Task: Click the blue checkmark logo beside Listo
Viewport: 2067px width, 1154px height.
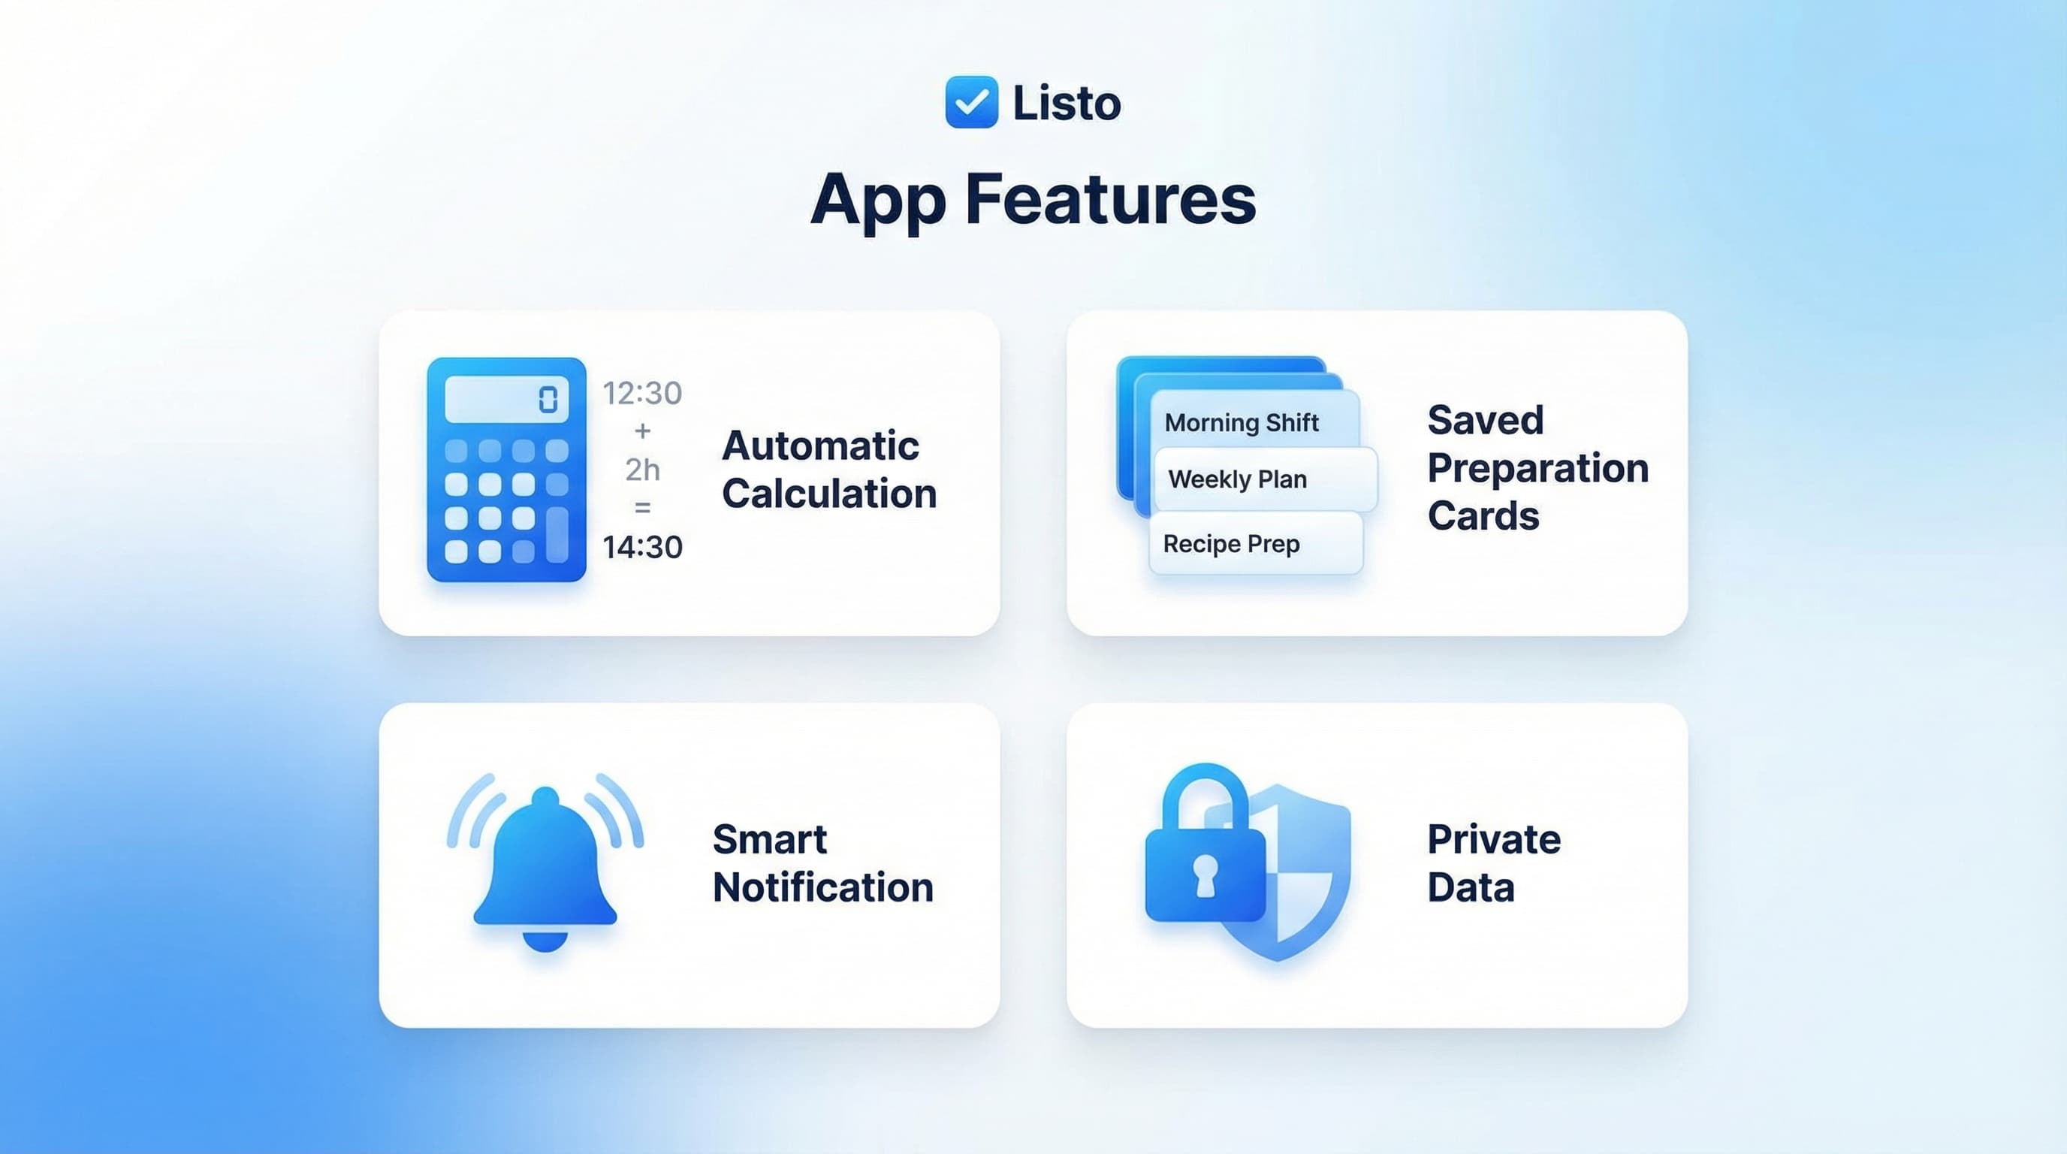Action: coord(971,102)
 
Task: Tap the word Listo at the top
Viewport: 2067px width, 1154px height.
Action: coord(1067,104)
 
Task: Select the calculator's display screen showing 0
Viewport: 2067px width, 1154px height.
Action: coord(506,399)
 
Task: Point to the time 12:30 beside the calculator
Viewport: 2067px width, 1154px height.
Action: coord(642,393)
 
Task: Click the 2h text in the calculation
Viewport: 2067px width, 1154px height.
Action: coord(642,470)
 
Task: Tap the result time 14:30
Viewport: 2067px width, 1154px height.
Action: coord(642,547)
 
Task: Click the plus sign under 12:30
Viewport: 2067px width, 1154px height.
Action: coord(642,432)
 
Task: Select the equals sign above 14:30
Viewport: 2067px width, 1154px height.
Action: coord(642,508)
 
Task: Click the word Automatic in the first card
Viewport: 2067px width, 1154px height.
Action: coord(820,446)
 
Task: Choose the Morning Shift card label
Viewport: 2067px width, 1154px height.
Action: coord(1242,423)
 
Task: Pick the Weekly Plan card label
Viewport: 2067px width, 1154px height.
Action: coord(1237,479)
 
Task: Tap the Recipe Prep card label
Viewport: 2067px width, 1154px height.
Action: coord(1231,544)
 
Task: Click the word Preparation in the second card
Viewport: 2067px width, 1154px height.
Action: coord(1537,469)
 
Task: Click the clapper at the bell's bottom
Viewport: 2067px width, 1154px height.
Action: coord(545,941)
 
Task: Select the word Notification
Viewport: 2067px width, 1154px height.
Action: coord(822,887)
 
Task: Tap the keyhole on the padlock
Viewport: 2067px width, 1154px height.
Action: coord(1205,875)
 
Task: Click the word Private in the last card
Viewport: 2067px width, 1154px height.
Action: coord(1493,839)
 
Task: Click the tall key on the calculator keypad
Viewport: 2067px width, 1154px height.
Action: coord(557,534)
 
